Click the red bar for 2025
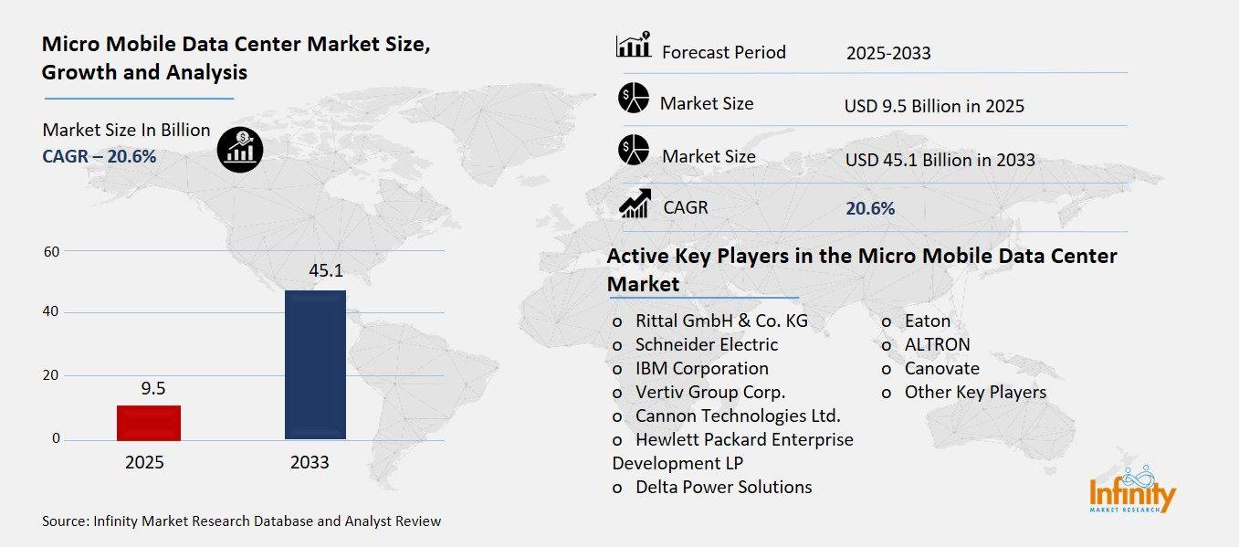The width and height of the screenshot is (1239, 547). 149,423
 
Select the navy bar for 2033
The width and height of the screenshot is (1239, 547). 315,364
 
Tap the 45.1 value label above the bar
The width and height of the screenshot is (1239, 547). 315,270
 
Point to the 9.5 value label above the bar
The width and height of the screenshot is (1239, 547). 152,388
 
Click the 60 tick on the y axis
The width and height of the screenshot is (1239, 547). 51,251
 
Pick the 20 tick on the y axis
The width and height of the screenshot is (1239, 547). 51,375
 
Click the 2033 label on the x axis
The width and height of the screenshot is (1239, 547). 310,462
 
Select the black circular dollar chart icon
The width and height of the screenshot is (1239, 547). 240,148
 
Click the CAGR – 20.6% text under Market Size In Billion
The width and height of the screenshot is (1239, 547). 100,156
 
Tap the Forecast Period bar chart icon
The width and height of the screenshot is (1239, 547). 634,45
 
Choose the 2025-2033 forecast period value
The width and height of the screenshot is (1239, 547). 888,53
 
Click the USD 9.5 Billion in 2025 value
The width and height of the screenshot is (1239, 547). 934,106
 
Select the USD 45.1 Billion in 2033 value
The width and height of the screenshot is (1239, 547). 940,160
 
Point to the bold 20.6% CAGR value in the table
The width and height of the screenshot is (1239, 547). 870,208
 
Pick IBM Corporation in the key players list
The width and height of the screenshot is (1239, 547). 701,368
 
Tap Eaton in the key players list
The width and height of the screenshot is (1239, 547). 927,321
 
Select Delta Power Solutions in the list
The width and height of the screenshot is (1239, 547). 723,487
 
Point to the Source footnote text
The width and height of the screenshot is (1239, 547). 241,521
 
